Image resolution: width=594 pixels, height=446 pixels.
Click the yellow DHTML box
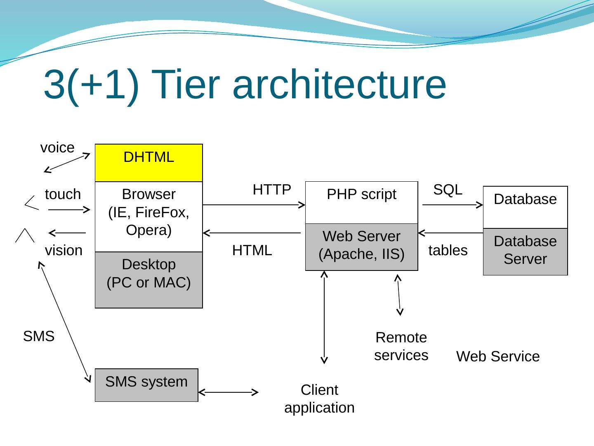(x=148, y=163)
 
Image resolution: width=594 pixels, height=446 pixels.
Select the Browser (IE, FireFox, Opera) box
(x=148, y=216)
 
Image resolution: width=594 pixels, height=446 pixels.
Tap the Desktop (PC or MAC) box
(x=148, y=280)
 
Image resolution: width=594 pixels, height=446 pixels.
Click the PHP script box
(x=361, y=202)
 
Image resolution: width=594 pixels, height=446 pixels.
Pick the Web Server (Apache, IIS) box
(x=361, y=247)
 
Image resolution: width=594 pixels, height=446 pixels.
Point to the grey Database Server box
(x=525, y=251)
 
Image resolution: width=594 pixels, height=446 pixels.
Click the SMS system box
(x=146, y=384)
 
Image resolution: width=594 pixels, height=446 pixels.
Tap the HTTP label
(x=272, y=190)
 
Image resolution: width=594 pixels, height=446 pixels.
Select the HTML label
(x=252, y=250)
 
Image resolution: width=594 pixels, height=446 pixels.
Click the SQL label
(x=448, y=190)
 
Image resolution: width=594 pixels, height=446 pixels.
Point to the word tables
(x=448, y=250)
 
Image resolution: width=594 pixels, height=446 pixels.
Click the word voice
(x=57, y=147)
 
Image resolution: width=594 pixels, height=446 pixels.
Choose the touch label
(x=63, y=194)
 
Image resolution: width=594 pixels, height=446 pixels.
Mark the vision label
(x=64, y=250)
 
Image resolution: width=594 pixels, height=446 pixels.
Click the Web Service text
(x=498, y=356)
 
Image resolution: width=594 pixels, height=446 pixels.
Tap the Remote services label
(x=401, y=346)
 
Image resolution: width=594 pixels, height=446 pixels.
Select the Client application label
(x=319, y=399)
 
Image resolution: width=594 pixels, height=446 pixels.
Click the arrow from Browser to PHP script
(x=254, y=204)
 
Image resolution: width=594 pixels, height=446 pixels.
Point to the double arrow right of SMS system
(x=228, y=392)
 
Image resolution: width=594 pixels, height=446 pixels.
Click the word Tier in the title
(x=184, y=84)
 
